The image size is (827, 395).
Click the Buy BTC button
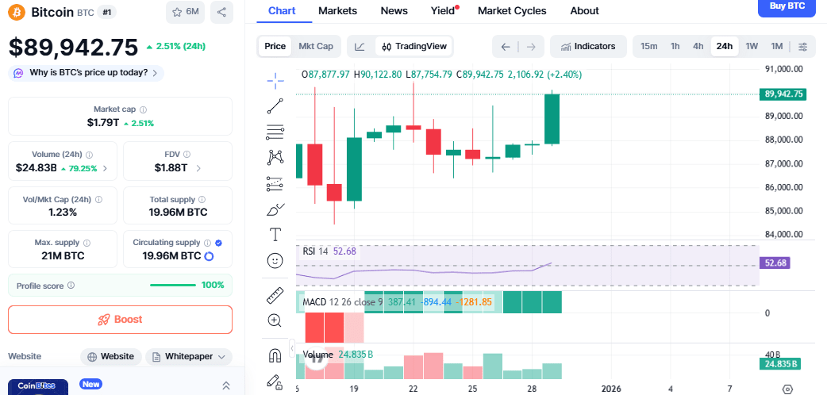[x=787, y=6]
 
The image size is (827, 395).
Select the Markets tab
[x=337, y=11]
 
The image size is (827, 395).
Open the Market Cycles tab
[x=512, y=11]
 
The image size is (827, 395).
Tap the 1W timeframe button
[x=751, y=46]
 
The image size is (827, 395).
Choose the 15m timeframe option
[x=648, y=46]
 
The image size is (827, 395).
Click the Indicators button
[x=588, y=46]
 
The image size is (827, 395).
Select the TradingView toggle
[x=414, y=46]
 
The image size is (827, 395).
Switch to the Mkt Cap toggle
[x=315, y=46]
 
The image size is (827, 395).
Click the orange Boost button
[x=120, y=320]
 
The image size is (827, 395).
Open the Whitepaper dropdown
[x=188, y=357]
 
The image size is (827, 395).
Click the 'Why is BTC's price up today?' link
[x=87, y=73]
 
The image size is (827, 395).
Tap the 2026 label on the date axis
[x=610, y=389]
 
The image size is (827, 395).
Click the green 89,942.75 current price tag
[x=783, y=94]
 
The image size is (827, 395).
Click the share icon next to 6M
[x=221, y=12]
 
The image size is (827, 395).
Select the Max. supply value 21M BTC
[x=62, y=256]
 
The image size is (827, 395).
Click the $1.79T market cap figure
[x=103, y=123]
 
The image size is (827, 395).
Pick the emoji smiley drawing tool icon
[x=275, y=259]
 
